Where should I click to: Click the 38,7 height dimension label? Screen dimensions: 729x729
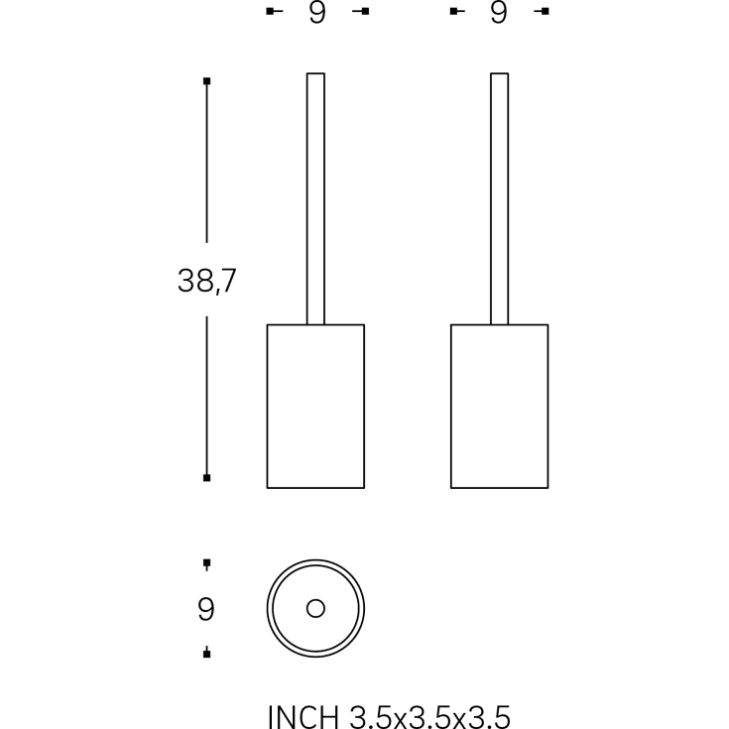[207, 281]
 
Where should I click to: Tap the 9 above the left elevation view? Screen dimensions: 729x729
[317, 12]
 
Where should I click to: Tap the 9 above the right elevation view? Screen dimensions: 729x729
[498, 12]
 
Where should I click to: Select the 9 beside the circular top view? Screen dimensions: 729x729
[206, 609]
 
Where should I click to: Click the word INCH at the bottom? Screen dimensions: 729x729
[304, 716]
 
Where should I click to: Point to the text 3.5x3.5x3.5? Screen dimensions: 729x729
[430, 716]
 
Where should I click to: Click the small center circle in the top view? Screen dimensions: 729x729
[315, 609]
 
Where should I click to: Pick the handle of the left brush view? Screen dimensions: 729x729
[315, 198]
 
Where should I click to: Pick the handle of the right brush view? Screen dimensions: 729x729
[499, 198]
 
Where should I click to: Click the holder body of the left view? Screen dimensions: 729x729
[315, 407]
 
